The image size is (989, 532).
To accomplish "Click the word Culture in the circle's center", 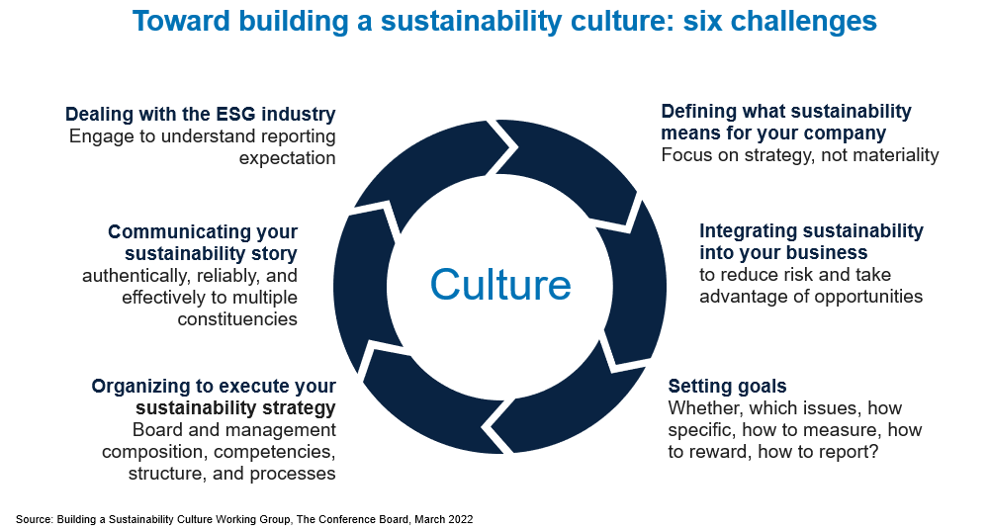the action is (x=500, y=285).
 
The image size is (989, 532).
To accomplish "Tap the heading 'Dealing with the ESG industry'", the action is (x=201, y=114).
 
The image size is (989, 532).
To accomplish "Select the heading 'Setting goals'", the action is (x=727, y=386).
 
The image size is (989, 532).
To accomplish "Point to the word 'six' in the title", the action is (x=703, y=21).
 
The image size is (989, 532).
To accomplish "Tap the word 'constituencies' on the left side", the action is (x=237, y=319).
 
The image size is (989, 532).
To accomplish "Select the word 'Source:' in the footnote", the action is (x=35, y=519).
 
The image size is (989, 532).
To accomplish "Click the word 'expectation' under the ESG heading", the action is (x=287, y=158).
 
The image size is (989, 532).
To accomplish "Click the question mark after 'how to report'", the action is (x=873, y=452).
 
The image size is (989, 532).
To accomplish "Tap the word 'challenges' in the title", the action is (x=803, y=21).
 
